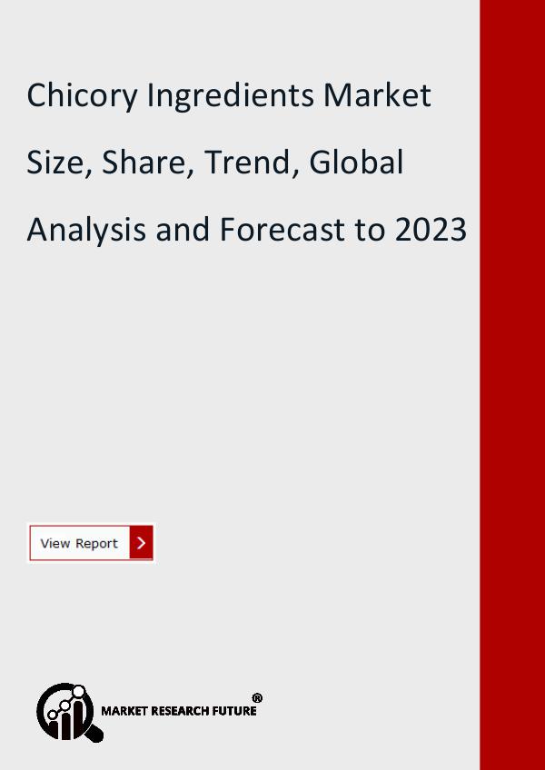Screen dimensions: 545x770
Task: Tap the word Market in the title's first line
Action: [378, 94]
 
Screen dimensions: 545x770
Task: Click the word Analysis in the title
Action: [86, 231]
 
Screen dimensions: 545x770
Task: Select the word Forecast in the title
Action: [282, 230]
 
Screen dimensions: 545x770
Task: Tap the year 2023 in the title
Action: [431, 230]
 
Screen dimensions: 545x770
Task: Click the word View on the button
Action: [55, 543]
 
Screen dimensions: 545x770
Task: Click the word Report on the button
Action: [96, 544]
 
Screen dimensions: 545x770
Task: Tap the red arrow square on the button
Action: [141, 543]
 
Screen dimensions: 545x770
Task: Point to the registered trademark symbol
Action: [257, 697]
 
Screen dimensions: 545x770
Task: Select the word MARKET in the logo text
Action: [121, 711]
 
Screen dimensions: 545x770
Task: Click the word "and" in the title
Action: [183, 230]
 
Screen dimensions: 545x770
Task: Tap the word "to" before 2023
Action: [370, 231]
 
